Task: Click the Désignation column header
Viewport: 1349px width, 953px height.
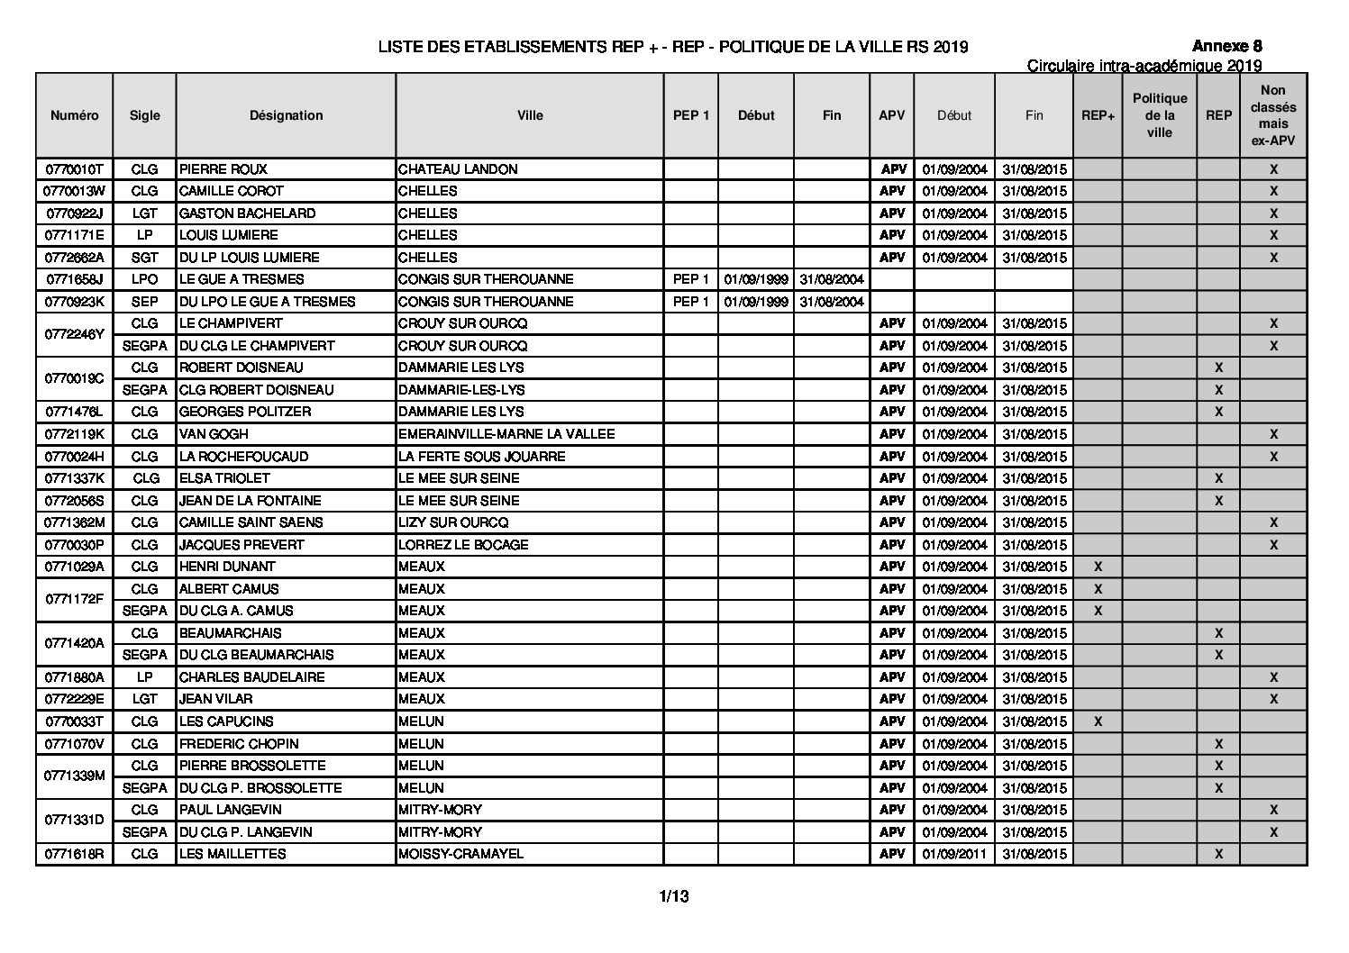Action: pos(286,115)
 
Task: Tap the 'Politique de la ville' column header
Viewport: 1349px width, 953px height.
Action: pos(1160,115)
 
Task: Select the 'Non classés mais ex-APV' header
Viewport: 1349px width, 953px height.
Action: pos(1272,115)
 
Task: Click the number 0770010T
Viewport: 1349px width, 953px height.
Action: pos(75,169)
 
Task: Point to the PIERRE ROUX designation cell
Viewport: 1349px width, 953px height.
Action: pos(223,169)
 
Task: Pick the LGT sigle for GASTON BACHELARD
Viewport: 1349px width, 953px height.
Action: pos(144,213)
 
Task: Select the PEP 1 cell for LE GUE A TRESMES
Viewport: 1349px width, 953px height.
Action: pos(691,279)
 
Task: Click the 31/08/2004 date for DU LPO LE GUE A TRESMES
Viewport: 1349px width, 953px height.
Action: pos(832,302)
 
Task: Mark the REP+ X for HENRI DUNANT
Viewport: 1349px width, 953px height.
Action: pos(1098,567)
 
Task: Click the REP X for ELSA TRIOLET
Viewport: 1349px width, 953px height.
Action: pos(1218,478)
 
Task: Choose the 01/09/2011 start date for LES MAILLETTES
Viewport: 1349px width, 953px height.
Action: pos(954,854)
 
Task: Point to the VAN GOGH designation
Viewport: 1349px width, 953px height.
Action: pos(212,434)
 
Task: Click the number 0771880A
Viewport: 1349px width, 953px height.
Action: pos(75,677)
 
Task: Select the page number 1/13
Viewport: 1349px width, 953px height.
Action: pos(674,896)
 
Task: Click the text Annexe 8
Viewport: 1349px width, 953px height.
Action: pos(1227,46)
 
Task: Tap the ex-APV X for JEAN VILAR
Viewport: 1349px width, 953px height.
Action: pos(1273,699)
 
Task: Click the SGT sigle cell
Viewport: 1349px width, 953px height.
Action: pos(144,258)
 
